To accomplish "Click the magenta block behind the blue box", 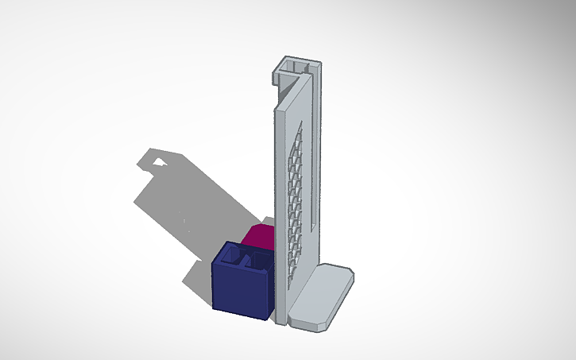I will pyautogui.click(x=258, y=236).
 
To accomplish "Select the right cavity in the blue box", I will pyautogui.click(x=254, y=260).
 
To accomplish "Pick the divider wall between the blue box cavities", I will pyautogui.click(x=243, y=258).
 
